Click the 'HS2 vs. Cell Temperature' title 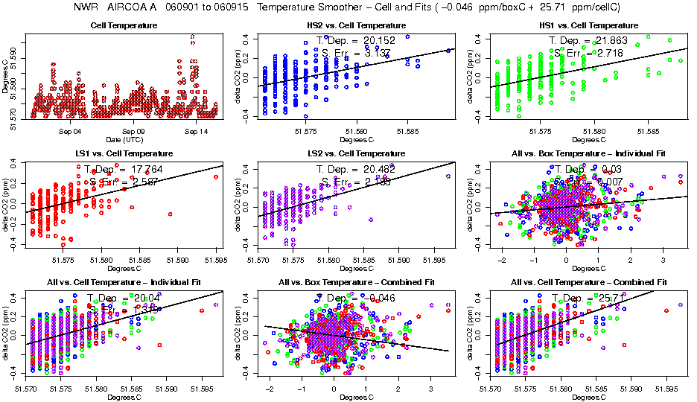[x=352, y=26]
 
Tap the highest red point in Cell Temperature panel [x=193, y=36]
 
